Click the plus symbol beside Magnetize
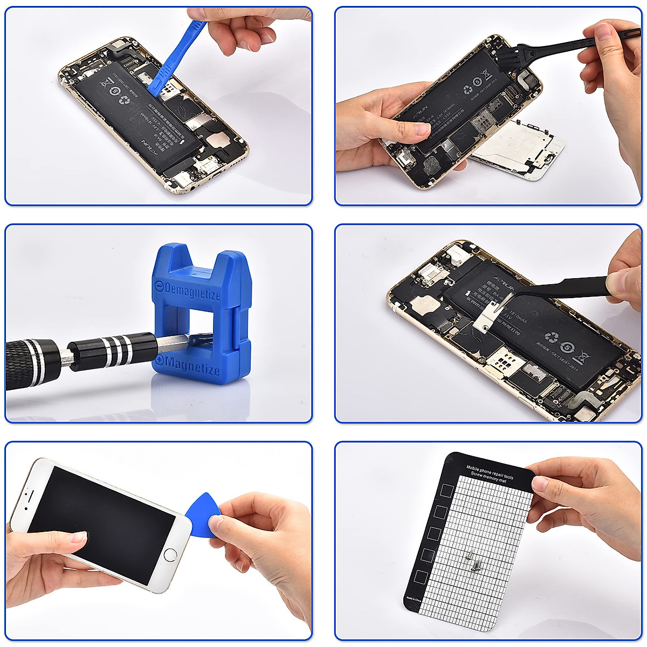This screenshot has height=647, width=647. (x=160, y=360)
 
